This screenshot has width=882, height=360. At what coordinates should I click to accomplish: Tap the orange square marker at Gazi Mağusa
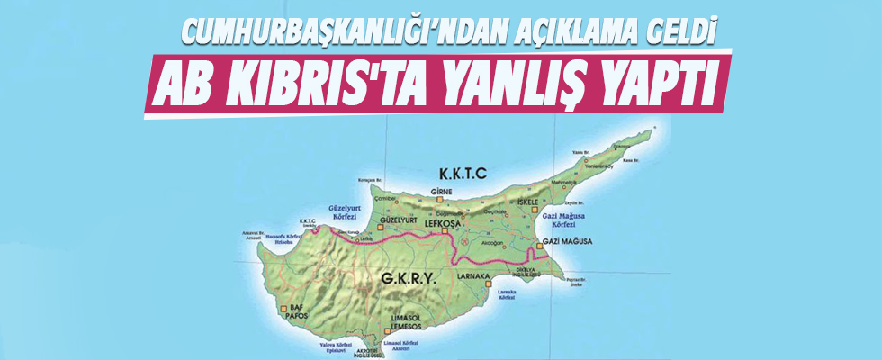click(538, 244)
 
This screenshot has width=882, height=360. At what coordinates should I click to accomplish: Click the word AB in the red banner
click(186, 86)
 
